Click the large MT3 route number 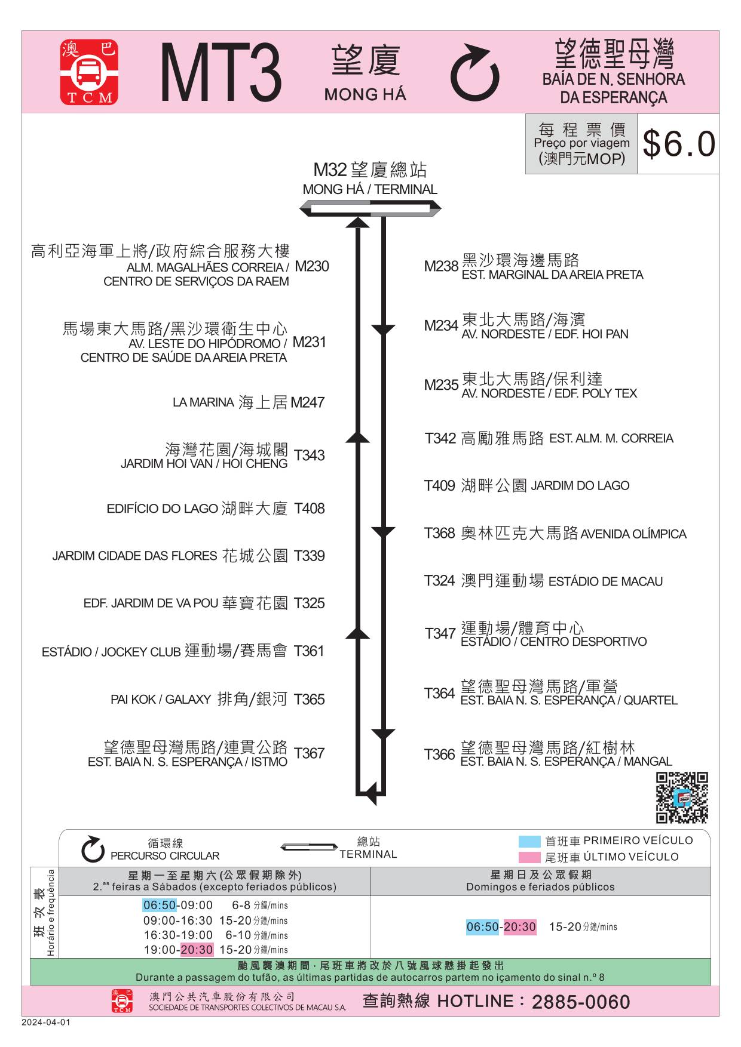point(221,72)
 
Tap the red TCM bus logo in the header point(89,72)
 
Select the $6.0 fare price point(679,144)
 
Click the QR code point(682,797)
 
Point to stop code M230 point(312,266)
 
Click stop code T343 point(309,455)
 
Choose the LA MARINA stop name point(203,402)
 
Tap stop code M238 point(441,266)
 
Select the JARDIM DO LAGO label point(580,486)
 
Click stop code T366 point(440,755)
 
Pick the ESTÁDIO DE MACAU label point(605,581)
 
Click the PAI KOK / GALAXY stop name point(161,699)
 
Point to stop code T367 point(309,753)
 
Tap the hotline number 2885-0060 point(581,1002)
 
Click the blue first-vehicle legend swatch point(529,842)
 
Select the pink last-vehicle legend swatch point(529,858)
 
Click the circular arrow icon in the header point(474,73)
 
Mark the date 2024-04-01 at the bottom point(46,1022)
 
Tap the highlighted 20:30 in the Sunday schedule point(520,927)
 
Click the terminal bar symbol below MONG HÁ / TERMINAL point(370,208)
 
